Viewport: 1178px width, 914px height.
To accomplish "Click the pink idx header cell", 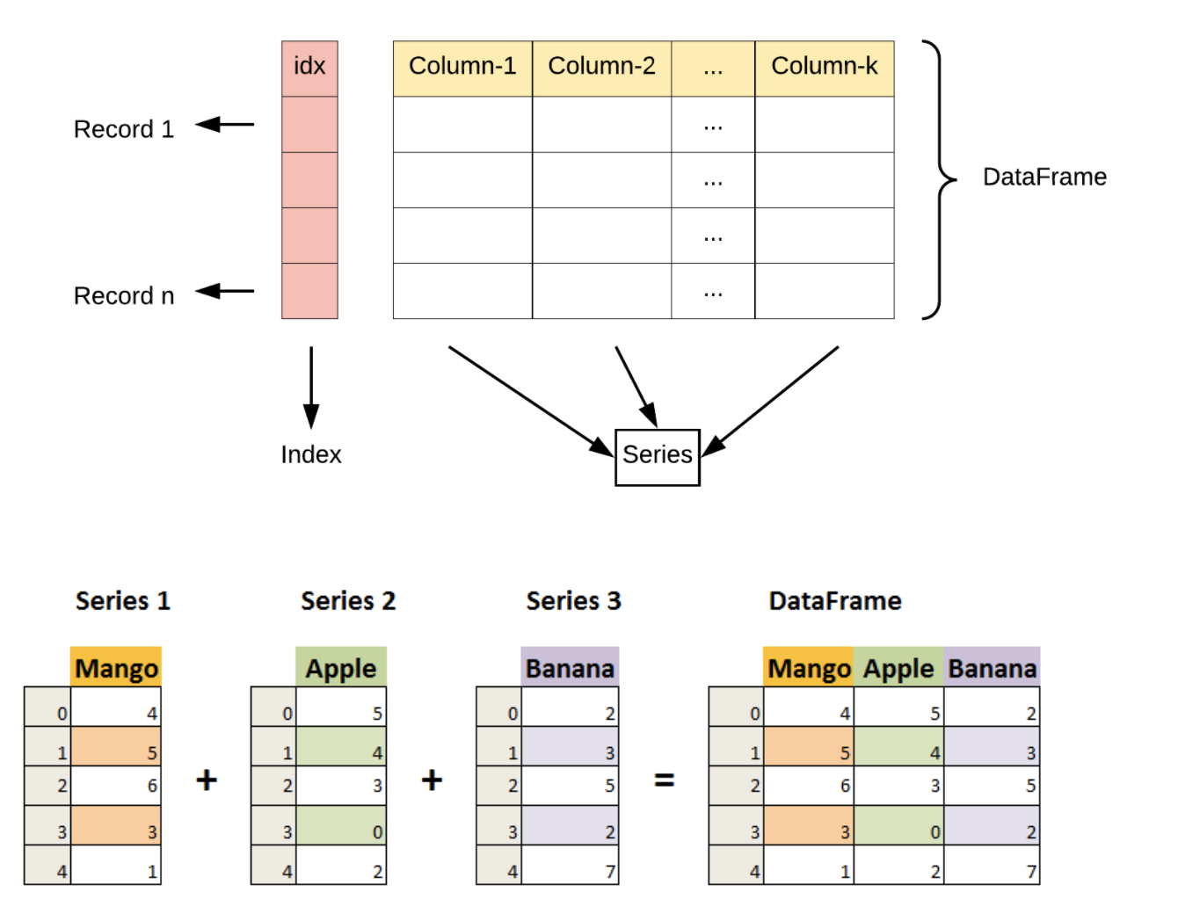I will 309,68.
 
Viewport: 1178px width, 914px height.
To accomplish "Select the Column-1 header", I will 462,68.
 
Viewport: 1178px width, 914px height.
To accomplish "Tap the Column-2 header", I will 601,68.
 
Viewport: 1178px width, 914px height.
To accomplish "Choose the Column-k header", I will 824,68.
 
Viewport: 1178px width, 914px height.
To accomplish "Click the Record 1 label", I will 124,129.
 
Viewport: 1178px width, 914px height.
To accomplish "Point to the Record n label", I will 124,296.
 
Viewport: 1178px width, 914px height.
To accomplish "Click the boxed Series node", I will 657,456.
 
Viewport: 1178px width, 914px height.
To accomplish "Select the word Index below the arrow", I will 310,454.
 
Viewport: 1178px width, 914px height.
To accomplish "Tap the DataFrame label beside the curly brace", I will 1043,178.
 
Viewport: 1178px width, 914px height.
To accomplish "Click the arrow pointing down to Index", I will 310,387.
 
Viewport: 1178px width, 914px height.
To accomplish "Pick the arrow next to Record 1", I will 225,125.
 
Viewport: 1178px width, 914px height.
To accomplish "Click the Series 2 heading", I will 348,601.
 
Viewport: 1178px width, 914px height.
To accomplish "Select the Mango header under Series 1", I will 116,669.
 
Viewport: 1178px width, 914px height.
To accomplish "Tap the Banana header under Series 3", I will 570,669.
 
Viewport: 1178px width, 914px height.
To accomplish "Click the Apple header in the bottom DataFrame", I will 898,669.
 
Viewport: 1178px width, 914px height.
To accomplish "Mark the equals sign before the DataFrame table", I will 665,780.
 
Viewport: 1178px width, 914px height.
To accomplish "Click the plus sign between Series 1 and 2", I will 207,780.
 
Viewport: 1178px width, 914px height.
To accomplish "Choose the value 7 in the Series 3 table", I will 609,872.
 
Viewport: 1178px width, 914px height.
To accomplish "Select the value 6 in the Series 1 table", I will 152,786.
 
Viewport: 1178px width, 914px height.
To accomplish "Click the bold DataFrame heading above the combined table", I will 834,601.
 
